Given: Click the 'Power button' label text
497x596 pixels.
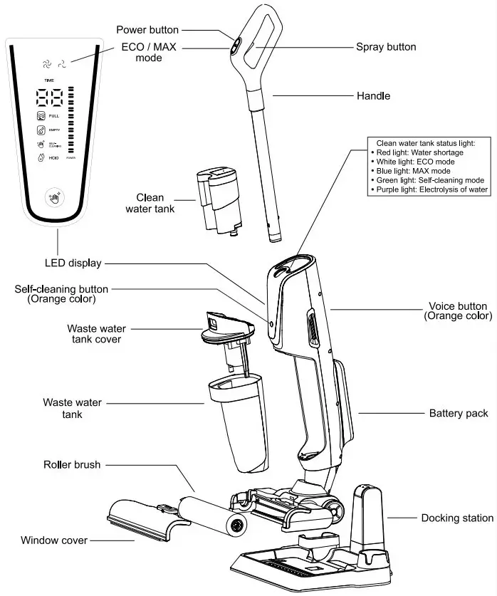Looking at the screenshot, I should tap(148, 30).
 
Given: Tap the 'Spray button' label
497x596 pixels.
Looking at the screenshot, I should tap(386, 47).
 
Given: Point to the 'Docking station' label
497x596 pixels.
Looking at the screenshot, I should tap(457, 518).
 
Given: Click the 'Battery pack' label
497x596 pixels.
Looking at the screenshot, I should tap(458, 413).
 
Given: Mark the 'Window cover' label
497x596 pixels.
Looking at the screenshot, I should tap(54, 540).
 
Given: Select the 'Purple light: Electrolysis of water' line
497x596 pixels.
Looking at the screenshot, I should tap(430, 189).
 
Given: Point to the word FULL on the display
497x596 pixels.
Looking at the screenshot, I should tap(54, 115).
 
